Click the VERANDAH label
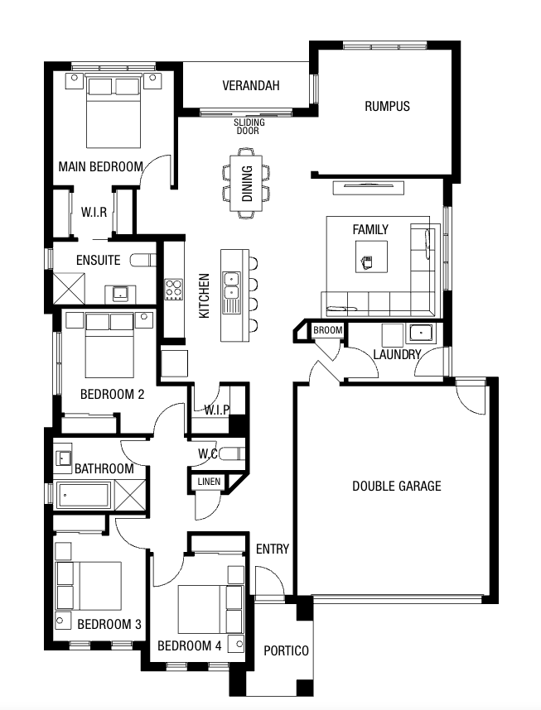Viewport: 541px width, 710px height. pos(251,85)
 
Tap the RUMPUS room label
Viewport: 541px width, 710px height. pos(387,107)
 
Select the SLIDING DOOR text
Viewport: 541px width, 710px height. pos(249,127)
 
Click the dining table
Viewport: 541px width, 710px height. pos(246,184)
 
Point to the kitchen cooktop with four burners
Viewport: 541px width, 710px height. pos(173,290)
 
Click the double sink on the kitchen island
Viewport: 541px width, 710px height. pos(231,285)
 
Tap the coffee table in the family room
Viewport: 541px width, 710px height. pos(371,257)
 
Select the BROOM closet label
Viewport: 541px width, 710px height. pos(327,330)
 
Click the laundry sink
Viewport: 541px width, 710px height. pos(421,333)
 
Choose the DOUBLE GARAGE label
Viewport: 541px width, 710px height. pos(397,487)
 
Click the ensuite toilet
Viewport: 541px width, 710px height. pos(142,260)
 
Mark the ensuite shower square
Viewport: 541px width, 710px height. pos(69,288)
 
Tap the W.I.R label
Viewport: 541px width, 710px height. pos(94,212)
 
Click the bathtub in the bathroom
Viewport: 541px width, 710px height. pos(83,495)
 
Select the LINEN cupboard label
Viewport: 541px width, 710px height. pos(209,482)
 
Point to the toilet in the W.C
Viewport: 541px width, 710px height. pos(232,453)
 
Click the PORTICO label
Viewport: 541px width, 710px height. pos(286,650)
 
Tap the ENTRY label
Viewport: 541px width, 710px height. pos(272,549)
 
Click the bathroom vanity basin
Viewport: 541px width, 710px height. pos(63,458)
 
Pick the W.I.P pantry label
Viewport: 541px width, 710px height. pos(216,410)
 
